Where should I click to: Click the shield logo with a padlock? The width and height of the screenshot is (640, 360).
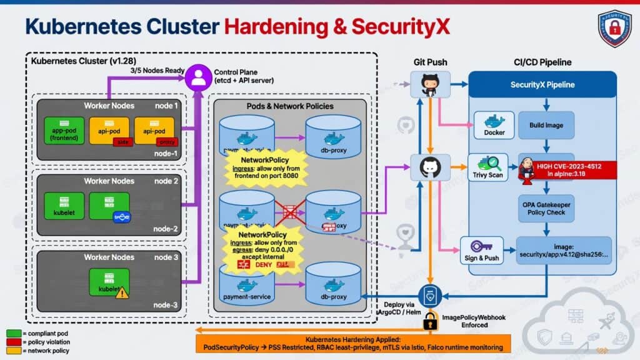click(614, 28)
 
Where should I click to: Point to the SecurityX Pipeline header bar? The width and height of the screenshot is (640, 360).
click(542, 84)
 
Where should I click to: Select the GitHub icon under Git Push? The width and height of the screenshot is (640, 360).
click(430, 84)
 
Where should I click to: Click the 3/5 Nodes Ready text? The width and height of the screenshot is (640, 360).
click(157, 70)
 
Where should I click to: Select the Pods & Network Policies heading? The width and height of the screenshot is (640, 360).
click(291, 106)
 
